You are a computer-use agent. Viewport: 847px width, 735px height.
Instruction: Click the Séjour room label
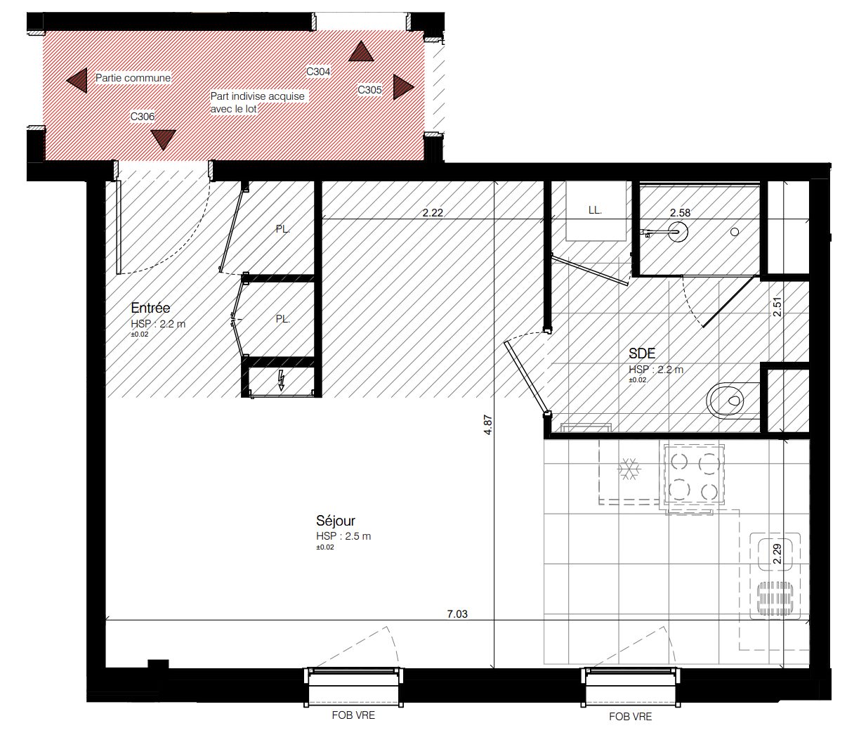(335, 521)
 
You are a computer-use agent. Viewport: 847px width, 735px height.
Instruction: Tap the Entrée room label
(150, 308)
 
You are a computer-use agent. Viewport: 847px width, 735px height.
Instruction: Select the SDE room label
(642, 353)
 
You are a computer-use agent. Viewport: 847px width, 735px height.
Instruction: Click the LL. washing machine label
(594, 210)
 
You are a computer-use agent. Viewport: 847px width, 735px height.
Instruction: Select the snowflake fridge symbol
(629, 469)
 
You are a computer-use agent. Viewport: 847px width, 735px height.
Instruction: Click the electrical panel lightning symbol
(281, 381)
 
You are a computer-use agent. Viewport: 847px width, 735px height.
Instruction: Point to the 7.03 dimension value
(457, 613)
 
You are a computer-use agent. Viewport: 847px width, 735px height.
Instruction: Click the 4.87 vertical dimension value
(487, 425)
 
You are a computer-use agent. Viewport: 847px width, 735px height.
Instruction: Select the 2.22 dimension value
(433, 213)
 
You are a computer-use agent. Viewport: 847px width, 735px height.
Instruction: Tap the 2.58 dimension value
(680, 213)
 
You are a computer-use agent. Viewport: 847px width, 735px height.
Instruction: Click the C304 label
(318, 72)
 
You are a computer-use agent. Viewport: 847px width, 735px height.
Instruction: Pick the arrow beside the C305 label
(403, 87)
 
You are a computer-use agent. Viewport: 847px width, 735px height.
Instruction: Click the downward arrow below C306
(163, 140)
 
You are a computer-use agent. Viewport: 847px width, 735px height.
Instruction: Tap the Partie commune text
(133, 78)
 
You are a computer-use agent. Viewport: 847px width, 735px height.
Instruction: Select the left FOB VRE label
(353, 715)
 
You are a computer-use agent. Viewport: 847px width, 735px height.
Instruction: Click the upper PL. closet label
(283, 229)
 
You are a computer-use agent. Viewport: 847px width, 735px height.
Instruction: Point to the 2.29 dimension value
(777, 554)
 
